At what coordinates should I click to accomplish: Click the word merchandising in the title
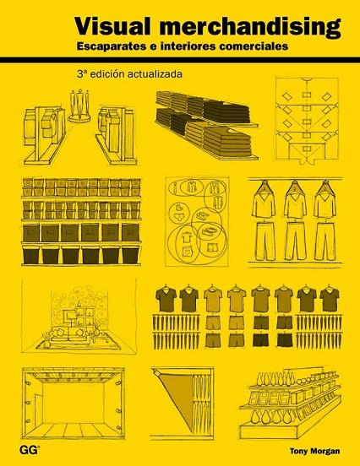[250, 27]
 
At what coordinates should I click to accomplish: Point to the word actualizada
[155, 73]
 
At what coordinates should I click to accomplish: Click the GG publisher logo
[30, 450]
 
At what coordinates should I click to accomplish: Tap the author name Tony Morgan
[314, 451]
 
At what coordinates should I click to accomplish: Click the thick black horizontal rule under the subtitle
[180, 60]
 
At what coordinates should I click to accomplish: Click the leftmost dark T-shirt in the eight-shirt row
[166, 298]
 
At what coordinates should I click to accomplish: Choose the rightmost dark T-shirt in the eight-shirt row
[330, 298]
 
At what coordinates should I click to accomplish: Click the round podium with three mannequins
[80, 118]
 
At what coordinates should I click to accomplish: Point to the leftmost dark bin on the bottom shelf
[31, 255]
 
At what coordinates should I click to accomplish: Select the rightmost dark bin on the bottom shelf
[130, 255]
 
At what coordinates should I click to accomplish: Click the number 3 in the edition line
[79, 74]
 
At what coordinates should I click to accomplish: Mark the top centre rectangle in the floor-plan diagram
[307, 95]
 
